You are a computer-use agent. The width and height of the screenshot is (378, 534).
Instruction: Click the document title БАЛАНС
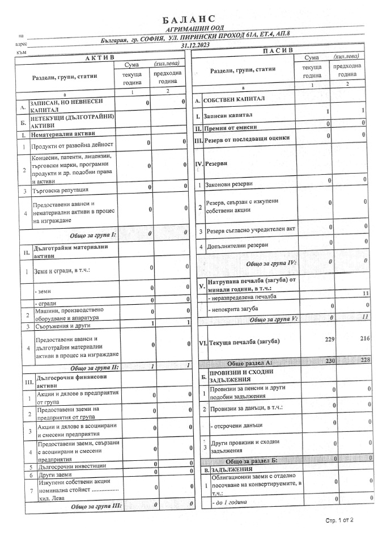[x=189, y=20]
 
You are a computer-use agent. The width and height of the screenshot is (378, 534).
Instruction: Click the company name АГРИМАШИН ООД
[x=193, y=28]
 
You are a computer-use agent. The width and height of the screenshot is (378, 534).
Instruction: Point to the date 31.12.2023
[x=196, y=45]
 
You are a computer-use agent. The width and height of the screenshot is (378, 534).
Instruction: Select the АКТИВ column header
[x=99, y=58]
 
